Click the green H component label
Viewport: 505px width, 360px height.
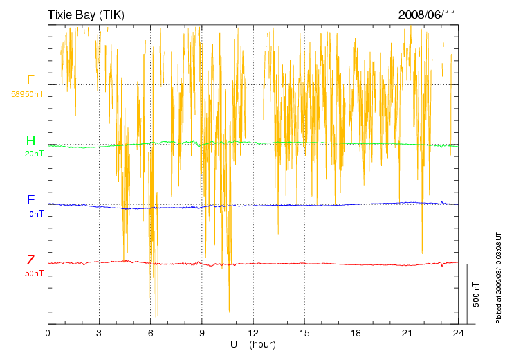pos(30,141)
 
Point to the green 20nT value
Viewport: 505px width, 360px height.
pos(34,154)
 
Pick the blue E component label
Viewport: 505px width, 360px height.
pos(30,201)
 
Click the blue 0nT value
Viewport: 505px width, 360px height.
pos(36,214)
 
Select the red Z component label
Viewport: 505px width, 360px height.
pos(30,260)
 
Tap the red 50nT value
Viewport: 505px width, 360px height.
pos(34,273)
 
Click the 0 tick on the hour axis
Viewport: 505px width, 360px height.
pos(48,333)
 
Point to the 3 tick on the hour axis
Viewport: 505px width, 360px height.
pos(99,333)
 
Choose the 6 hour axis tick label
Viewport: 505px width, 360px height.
pos(151,333)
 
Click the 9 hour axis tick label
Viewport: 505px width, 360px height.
pos(202,333)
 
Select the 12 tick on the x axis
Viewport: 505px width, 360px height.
pos(253,333)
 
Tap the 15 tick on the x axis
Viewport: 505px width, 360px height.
pos(304,333)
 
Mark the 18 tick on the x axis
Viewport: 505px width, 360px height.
pos(356,333)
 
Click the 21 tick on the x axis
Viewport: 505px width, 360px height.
pos(407,333)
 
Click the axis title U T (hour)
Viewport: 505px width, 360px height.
pos(253,344)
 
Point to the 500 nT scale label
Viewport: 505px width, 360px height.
pos(477,295)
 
